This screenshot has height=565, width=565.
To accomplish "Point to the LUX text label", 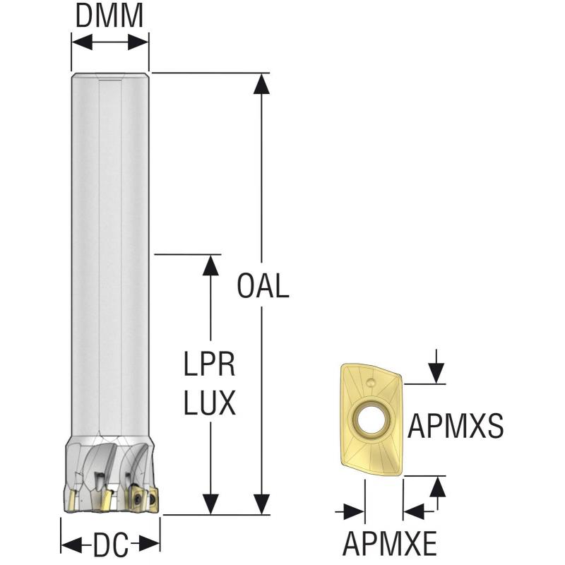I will click(210, 403).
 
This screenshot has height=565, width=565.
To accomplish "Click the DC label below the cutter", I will click(110, 545).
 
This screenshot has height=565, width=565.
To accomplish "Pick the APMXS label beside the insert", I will click(456, 427).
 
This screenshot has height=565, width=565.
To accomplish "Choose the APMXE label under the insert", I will click(390, 545).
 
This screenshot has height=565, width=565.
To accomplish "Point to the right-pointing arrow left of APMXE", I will click(355, 510).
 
